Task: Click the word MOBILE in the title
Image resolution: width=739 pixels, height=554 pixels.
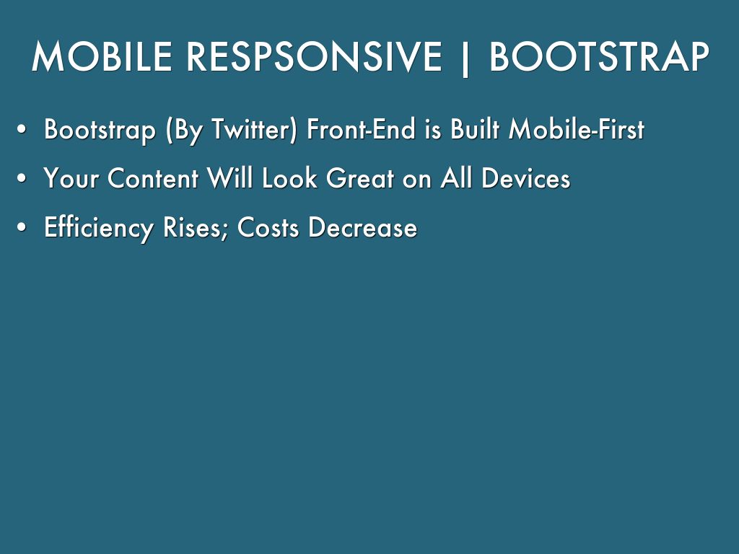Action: (102, 56)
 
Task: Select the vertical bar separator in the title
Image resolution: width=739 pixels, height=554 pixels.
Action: (465, 58)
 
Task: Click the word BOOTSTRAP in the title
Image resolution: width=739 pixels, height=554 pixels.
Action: (599, 56)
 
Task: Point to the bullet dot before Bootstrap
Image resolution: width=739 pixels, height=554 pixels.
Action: (22, 130)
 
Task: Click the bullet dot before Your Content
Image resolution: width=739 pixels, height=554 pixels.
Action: (22, 179)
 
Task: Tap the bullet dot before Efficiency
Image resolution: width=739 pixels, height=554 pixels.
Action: (22, 227)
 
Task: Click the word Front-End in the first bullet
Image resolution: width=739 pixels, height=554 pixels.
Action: (361, 128)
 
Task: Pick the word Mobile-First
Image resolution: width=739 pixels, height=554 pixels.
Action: (577, 128)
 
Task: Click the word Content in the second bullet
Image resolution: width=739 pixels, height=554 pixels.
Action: (153, 178)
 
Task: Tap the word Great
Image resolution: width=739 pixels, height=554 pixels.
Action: (360, 178)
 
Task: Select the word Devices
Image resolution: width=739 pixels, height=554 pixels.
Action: (525, 178)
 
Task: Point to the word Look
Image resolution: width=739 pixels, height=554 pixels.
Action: (289, 178)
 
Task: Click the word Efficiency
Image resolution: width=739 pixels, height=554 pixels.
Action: (98, 228)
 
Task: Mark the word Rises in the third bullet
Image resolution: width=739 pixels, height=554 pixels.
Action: (196, 228)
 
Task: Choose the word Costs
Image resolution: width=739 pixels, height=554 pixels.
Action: (268, 227)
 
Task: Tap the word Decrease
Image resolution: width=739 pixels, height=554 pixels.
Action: (363, 227)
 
